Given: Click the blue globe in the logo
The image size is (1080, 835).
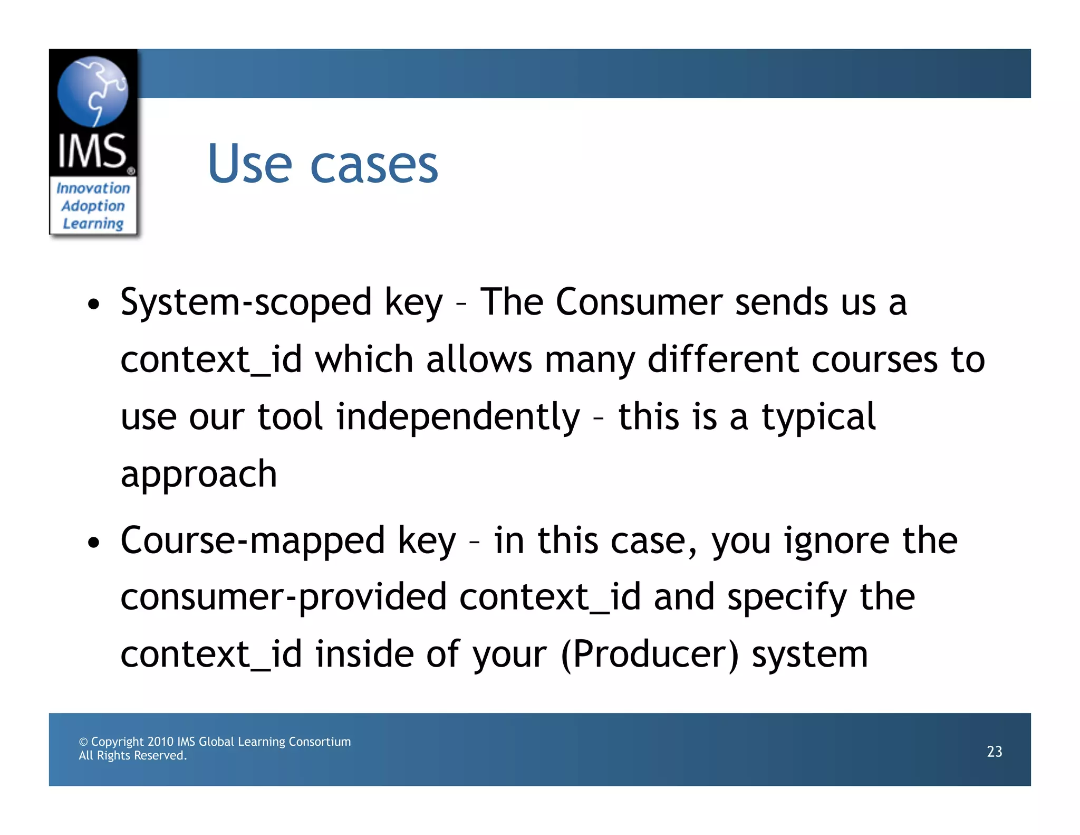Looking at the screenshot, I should point(93,91).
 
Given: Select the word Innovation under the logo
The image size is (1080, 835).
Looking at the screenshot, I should point(93,188).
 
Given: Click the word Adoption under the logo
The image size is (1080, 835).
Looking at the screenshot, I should point(93,206).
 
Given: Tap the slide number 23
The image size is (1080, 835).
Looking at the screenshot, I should point(994,751).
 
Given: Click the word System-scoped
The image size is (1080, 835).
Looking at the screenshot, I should point(246,302).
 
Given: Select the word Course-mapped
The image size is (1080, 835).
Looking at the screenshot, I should point(253,541).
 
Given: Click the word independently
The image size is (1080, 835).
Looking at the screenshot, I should point(458,417).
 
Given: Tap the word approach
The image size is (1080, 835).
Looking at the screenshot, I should point(199,473).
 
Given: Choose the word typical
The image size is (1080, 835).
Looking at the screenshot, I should point(818,417).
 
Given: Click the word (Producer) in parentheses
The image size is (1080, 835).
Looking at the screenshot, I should point(650,654).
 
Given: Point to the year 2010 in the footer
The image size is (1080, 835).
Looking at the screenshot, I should point(160,742).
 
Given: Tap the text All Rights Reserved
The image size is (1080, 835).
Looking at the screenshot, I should point(133,755).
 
